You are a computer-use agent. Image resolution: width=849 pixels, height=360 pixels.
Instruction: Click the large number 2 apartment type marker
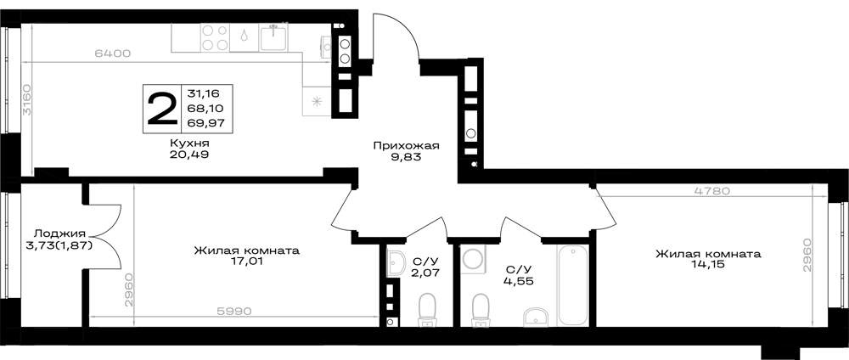pyautogui.click(x=162, y=109)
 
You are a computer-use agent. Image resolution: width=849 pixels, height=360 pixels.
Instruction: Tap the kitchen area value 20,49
pyautogui.click(x=189, y=155)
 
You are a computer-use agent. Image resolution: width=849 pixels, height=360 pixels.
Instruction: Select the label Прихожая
pyautogui.click(x=405, y=145)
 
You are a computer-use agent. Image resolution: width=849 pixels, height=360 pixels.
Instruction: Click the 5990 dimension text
pyautogui.click(x=233, y=312)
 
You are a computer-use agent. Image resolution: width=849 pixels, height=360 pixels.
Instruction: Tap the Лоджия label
pyautogui.click(x=59, y=233)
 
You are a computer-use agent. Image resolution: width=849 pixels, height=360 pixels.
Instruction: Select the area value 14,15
pyautogui.click(x=708, y=264)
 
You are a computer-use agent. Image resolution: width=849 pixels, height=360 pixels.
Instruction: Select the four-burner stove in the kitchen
pyautogui.click(x=215, y=38)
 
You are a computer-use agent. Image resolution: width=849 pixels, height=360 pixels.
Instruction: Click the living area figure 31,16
pyautogui.click(x=200, y=93)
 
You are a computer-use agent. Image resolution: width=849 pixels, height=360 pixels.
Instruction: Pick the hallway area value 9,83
pyautogui.click(x=406, y=158)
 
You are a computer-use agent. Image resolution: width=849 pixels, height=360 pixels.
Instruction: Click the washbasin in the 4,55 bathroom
pyautogui.click(x=536, y=318)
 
